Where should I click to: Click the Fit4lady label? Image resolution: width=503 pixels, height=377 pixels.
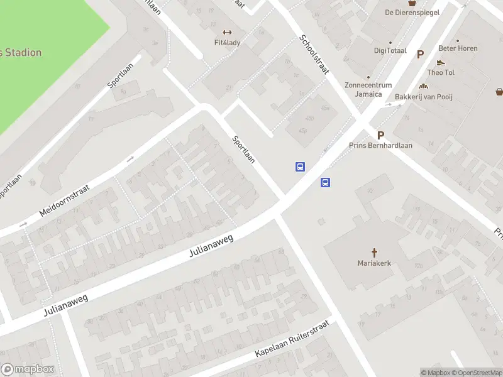227,43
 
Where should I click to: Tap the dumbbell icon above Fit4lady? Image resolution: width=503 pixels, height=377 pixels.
227,33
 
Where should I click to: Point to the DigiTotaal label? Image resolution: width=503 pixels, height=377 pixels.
390,51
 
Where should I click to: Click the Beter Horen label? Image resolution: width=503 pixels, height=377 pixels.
458,48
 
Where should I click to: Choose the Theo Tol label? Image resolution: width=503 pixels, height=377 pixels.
441,72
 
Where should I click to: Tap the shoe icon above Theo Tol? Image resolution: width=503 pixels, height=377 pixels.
441,62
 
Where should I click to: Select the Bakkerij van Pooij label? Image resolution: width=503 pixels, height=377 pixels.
424,97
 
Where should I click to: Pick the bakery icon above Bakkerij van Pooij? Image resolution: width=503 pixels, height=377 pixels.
424,86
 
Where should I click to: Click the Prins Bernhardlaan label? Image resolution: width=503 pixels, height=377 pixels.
380,145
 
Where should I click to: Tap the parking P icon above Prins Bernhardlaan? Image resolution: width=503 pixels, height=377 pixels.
380,135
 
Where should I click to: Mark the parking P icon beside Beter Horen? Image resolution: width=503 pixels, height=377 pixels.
420,55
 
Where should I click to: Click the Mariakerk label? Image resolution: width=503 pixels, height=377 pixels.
374,263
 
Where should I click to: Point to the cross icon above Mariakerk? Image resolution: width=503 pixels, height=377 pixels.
374,253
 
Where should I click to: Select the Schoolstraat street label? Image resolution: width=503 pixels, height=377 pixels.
314,54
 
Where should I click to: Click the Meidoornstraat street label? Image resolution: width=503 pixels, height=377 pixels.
65,200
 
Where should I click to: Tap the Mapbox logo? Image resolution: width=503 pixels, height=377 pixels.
28,369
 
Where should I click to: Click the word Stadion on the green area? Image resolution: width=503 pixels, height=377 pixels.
25,53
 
